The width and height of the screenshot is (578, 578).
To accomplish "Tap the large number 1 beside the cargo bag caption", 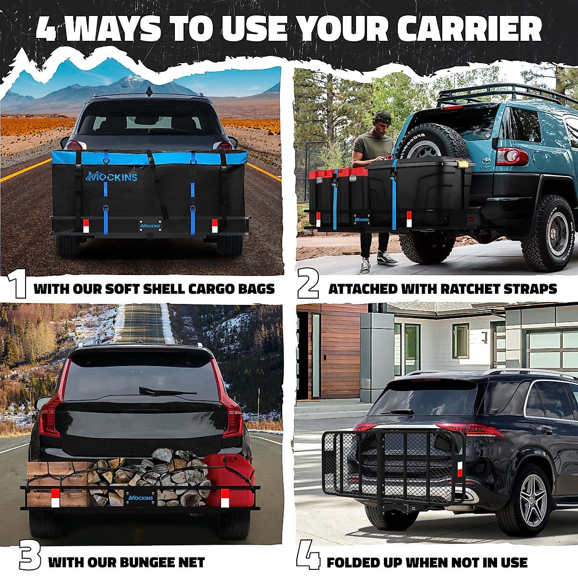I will (18, 286).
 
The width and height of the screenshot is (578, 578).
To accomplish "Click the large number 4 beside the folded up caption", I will (308, 555).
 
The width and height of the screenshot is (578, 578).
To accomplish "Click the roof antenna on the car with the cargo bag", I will (149, 90).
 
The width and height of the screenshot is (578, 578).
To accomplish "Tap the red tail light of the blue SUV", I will (512, 157).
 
